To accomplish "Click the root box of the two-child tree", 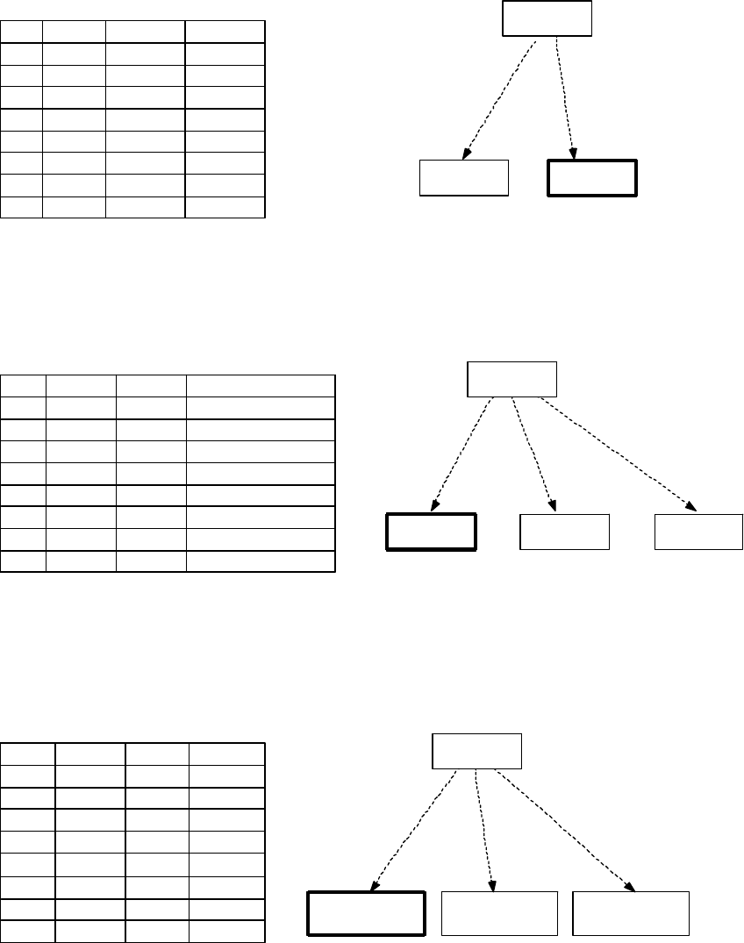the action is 547,18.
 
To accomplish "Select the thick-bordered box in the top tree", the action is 592,178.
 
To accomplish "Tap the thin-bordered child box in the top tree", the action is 464,178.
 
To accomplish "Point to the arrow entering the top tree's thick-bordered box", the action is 565,96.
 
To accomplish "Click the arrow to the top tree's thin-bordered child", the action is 497,96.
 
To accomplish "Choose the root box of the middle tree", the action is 511,378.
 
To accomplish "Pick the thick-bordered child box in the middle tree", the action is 432,532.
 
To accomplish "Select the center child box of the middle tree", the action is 564,532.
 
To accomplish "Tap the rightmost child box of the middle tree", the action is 699,532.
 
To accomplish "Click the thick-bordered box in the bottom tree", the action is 367,913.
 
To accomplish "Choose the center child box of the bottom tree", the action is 498,913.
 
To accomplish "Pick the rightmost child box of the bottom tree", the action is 630,913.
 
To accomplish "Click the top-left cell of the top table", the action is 22,32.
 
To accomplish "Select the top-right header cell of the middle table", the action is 260,386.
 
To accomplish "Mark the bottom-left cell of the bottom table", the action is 28,931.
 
